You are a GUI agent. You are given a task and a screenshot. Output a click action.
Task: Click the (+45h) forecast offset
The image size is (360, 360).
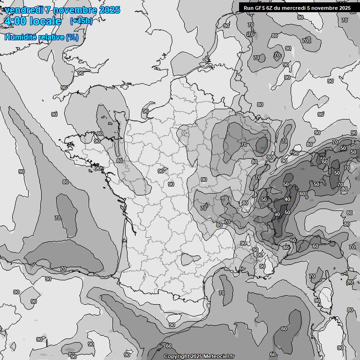pyautogui.click(x=81, y=21)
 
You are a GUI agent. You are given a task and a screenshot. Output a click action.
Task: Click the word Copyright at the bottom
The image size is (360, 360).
pyautogui.click(x=177, y=357)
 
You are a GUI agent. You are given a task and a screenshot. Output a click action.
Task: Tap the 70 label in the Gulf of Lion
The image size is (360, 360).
pyautogui.click(x=222, y=293)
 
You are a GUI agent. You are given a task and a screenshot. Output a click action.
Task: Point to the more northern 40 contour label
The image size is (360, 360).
pyautogui.click(x=287, y=199)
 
